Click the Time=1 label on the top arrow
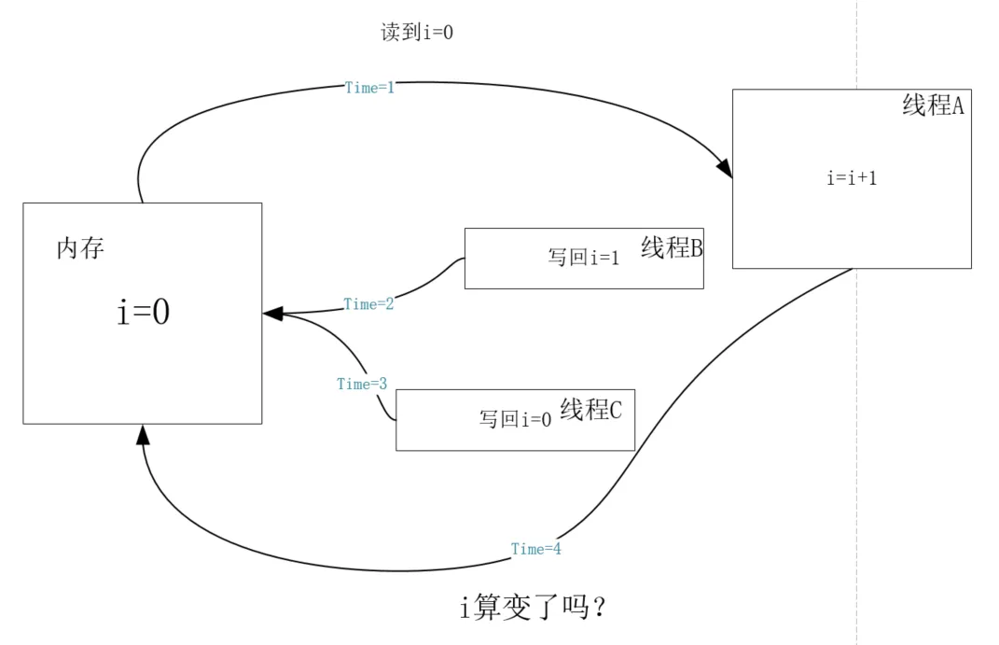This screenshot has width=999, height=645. pos(370,88)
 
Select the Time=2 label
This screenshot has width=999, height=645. pos(368,304)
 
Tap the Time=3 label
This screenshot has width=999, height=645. pos(362,384)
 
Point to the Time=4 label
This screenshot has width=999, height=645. pos(536,549)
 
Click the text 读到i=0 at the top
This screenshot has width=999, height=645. pos(417,33)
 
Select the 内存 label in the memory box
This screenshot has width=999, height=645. pos(80,249)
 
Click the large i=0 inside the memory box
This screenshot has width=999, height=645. pos(144,312)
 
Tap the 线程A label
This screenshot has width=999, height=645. pos(933,105)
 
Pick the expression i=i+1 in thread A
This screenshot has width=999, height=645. pos(852,178)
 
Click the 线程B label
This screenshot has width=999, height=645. pos(672,248)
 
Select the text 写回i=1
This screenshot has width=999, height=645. pos(584,258)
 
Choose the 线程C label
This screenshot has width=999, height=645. pos(590,410)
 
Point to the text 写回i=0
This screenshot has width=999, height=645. pos(516,420)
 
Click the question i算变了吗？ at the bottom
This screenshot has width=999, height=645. pos(535,608)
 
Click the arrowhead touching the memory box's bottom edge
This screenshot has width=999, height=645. pos(143,434)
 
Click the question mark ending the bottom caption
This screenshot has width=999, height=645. pos(601,608)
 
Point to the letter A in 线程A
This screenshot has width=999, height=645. pos(957,105)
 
